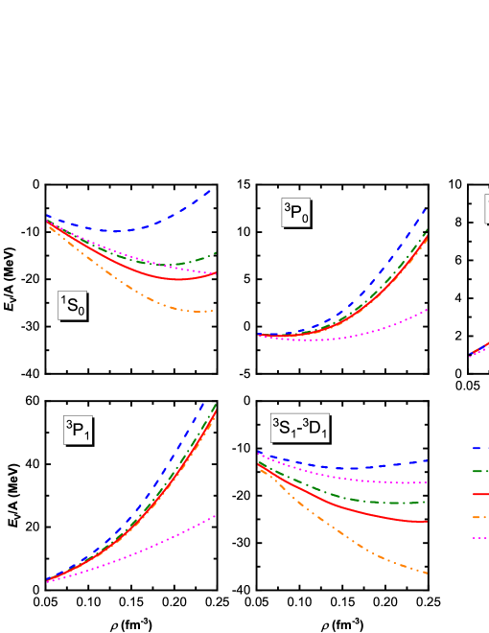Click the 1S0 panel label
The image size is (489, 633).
click(x=73, y=306)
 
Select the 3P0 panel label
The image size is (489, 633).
click(x=295, y=213)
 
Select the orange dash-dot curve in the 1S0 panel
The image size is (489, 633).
click(x=144, y=292)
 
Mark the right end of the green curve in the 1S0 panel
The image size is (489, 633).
click(x=215, y=253)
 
